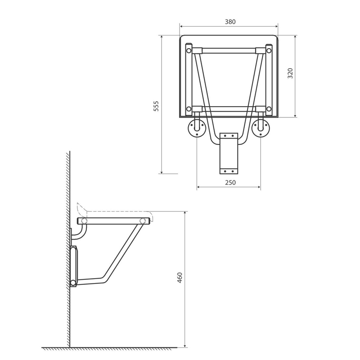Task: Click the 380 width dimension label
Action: [x=230, y=22]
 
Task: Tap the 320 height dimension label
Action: [x=290, y=73]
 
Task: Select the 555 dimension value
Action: [x=156, y=106]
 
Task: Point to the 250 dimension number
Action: [x=230, y=182]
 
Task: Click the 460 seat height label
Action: [x=180, y=277]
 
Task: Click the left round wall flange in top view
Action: [x=197, y=128]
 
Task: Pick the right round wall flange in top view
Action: [x=261, y=128]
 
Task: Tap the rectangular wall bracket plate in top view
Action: [x=229, y=153]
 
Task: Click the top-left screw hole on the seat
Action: [x=189, y=50]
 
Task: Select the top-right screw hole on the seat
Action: [x=269, y=50]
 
